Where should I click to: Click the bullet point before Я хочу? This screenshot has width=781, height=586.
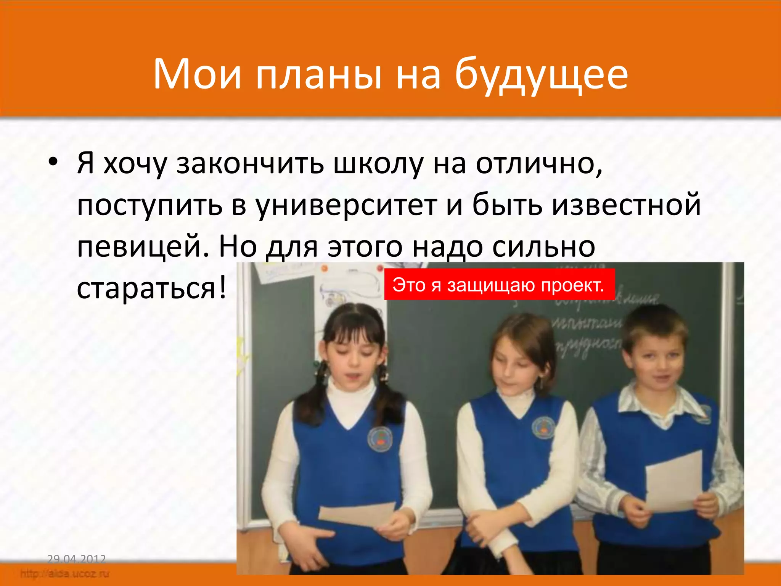coord(53,163)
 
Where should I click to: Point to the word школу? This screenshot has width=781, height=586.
coord(378,164)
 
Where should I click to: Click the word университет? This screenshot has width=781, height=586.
coord(346,205)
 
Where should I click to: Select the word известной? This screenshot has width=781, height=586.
coord(626,205)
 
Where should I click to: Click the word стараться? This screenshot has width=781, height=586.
coord(147,288)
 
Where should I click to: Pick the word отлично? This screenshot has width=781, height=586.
coord(539,164)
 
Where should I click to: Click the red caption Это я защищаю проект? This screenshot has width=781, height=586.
coord(499,285)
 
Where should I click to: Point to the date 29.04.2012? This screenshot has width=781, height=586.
coord(76,559)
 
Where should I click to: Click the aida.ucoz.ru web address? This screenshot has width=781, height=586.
coord(65,573)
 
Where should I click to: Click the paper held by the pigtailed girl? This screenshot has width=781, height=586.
coord(357,515)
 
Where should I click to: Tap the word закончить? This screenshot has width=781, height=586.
coord(250,164)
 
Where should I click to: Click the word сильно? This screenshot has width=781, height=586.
coord(543,247)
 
